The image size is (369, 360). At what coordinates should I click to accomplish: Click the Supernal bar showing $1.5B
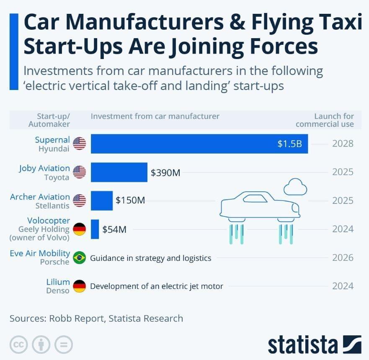(199, 144)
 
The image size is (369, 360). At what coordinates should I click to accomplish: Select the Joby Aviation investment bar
(119, 172)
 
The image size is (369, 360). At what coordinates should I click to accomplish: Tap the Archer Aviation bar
(102, 201)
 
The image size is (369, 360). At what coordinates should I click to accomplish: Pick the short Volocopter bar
(95, 229)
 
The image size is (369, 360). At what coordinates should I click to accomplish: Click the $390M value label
(165, 172)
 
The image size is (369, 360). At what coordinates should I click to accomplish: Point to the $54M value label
(114, 229)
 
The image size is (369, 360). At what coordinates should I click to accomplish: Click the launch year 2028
(343, 144)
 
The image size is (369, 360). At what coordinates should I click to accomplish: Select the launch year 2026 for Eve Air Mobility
(343, 257)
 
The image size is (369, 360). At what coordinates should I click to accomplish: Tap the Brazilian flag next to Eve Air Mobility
(79, 257)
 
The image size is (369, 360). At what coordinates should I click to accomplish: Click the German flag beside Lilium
(79, 286)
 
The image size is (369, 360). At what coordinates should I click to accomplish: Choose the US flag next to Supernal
(79, 144)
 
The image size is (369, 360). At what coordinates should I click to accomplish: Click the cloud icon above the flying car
(295, 187)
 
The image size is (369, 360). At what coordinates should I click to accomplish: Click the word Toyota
(57, 177)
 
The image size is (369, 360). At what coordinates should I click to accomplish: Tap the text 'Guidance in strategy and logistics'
(151, 258)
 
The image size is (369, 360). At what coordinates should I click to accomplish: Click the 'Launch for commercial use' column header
(325, 120)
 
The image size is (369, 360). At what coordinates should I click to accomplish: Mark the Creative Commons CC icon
(19, 345)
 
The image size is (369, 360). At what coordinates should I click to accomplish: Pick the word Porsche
(55, 262)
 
